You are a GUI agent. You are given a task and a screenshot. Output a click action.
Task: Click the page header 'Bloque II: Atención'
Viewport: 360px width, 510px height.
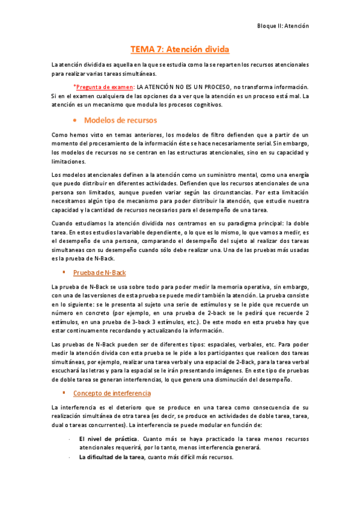pyautogui.click(x=282, y=26)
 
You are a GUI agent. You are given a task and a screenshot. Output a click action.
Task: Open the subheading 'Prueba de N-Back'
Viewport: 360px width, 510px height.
pyautogui.click(x=99, y=273)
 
